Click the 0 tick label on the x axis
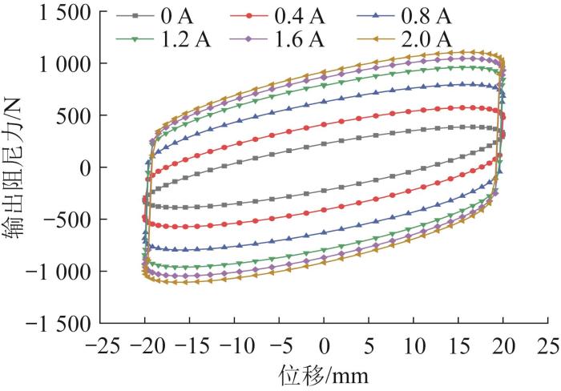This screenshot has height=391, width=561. [325, 345]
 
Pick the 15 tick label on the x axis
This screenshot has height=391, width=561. [459, 345]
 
